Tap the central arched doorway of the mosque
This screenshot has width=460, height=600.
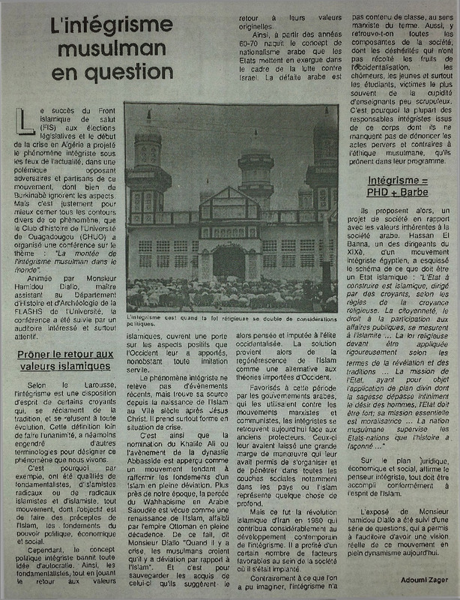click(x=229, y=262)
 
